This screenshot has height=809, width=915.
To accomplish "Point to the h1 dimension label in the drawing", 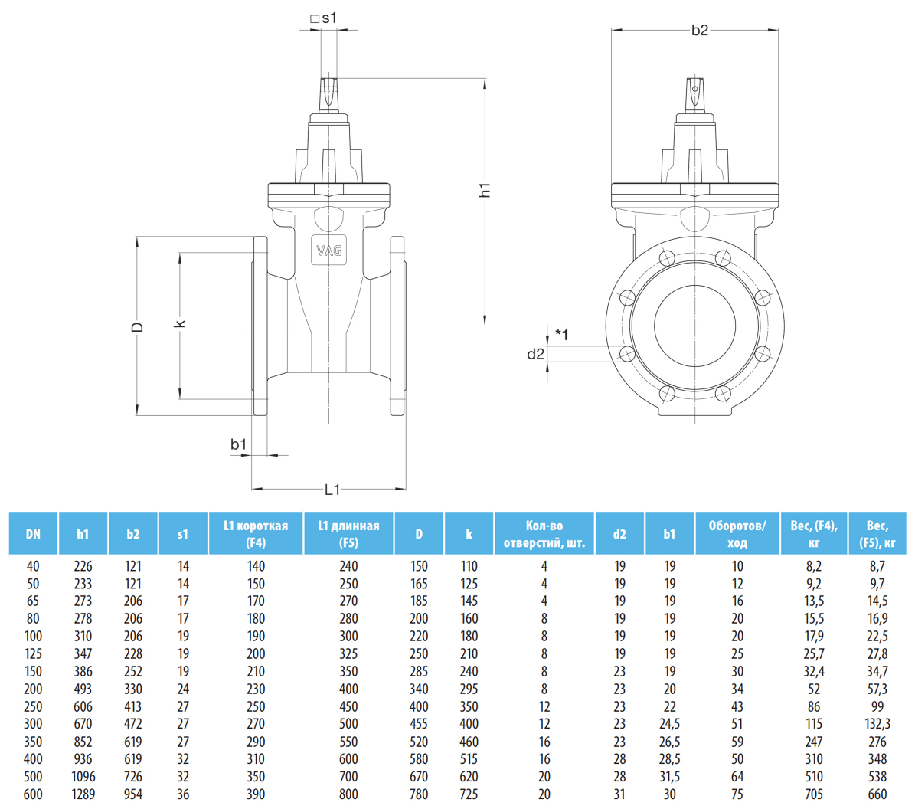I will [x=484, y=190].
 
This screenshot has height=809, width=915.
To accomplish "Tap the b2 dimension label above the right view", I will [x=699, y=31].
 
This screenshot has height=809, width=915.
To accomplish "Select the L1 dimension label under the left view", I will [x=332, y=489].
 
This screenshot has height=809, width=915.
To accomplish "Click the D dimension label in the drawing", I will [x=137, y=326].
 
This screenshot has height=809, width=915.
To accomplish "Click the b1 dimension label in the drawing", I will [x=238, y=444].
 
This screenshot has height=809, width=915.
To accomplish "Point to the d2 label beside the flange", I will [x=536, y=353].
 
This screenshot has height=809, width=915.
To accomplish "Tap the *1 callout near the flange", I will [x=562, y=335].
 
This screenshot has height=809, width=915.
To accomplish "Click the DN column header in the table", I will [x=33, y=534].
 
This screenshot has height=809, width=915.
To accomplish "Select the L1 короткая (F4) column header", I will [x=256, y=534].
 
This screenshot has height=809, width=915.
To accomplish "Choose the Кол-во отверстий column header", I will [x=544, y=534].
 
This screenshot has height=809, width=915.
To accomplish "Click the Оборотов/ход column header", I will [x=737, y=534].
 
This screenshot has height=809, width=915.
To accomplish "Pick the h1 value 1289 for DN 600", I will [x=83, y=794].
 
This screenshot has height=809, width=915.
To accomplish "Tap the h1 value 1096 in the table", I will [x=83, y=777].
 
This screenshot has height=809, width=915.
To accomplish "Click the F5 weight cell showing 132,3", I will [x=877, y=724].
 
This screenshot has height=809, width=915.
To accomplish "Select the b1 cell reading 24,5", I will [x=669, y=724].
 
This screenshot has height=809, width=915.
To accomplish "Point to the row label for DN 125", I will [x=33, y=653].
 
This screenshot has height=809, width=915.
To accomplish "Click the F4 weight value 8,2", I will [x=814, y=566].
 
